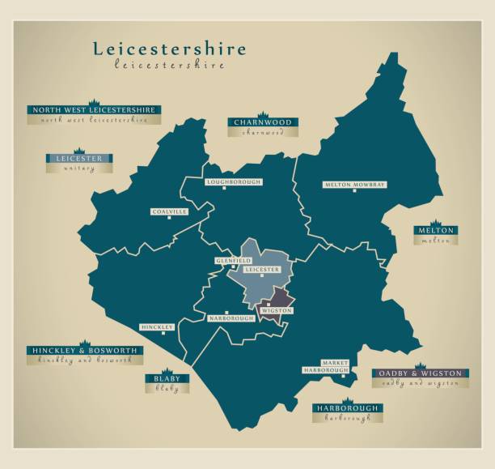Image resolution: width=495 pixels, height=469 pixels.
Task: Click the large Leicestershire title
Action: coord(170,49)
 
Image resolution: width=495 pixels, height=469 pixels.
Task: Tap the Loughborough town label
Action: coord(233,182)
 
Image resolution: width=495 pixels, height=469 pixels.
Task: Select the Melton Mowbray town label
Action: coord(354,185)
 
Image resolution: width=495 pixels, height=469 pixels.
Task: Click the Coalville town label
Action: coord(169,211)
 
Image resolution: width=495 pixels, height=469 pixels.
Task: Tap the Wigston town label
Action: coord(276,310)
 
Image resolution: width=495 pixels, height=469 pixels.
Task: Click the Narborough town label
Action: coord(231,318)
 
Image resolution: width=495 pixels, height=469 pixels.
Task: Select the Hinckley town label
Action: coord(157,327)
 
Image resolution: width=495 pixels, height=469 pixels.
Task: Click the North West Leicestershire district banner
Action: coord(94,109)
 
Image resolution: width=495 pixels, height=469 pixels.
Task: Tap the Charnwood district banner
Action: coord(262,122)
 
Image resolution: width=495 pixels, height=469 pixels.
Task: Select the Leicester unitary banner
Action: coord(79,159)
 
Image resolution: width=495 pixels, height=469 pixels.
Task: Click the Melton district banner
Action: coord(435,231)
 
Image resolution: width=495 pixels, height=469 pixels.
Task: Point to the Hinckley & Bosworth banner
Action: coord(84,351)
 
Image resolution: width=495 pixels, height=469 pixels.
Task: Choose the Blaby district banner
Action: coord(167,378)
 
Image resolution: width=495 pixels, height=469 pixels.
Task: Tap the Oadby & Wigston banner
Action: coord(420,373)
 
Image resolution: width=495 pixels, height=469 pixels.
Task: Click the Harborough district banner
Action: coord(347,408)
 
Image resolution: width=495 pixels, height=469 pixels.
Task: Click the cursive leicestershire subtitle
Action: coord(170,65)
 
